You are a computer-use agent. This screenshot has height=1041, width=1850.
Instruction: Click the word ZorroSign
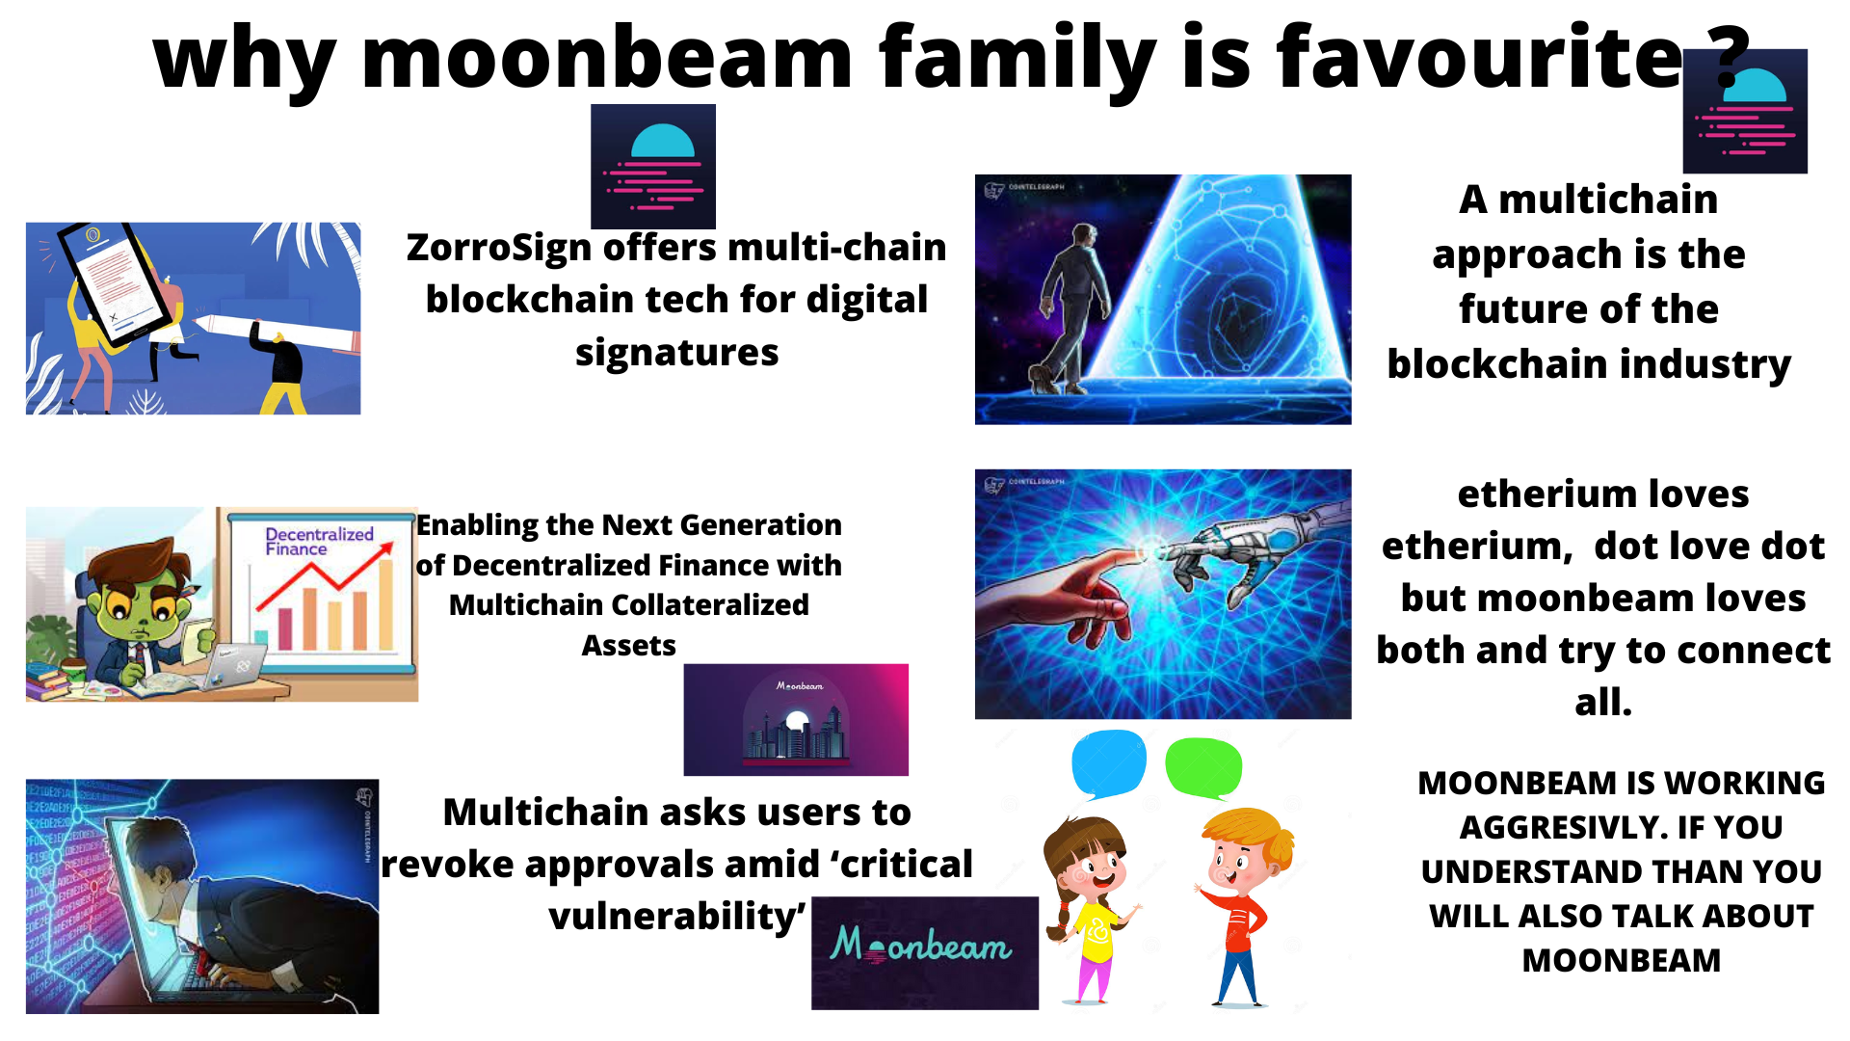click(499, 248)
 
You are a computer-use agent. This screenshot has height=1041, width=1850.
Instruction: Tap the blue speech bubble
click(1108, 762)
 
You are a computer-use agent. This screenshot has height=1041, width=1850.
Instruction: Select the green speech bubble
click(1203, 766)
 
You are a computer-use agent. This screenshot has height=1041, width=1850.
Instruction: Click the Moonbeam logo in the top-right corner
click(1745, 112)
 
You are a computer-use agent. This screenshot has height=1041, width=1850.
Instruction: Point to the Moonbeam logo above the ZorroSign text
click(653, 166)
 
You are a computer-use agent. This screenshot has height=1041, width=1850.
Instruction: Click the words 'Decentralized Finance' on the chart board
click(318, 541)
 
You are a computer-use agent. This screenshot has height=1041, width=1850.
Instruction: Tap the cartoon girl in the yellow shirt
click(1092, 906)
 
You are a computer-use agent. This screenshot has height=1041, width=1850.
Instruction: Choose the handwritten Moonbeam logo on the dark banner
click(922, 947)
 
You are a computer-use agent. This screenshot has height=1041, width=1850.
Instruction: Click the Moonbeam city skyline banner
click(796, 719)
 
